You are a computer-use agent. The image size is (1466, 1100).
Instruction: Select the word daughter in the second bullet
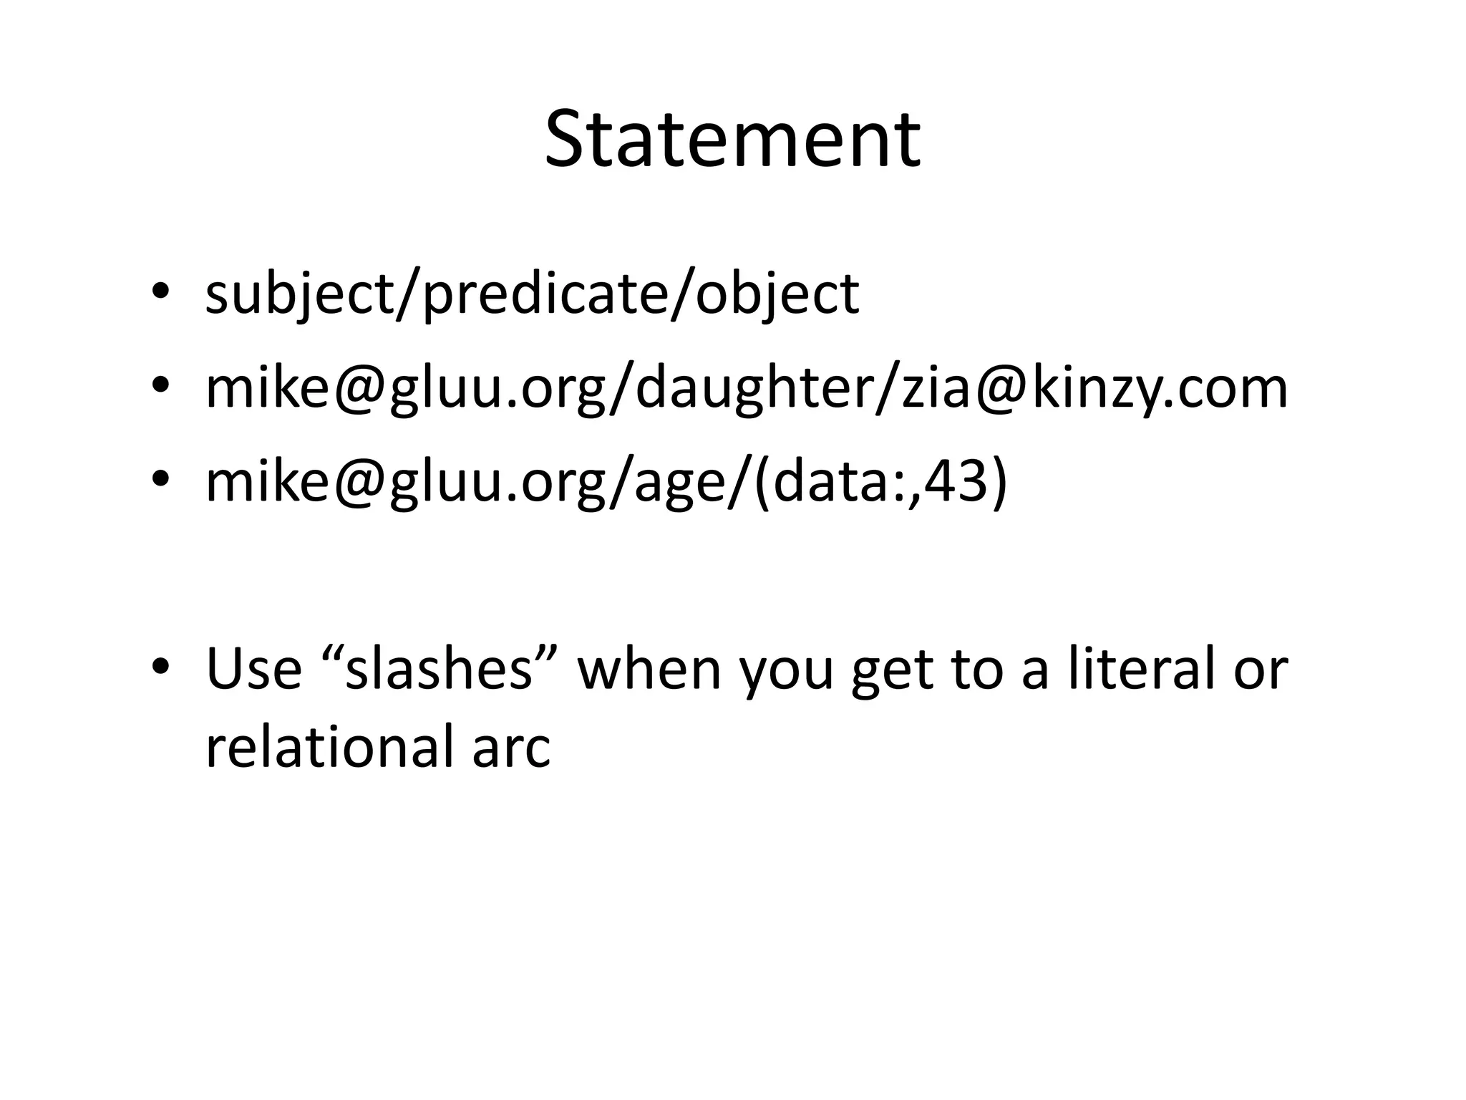point(751,390)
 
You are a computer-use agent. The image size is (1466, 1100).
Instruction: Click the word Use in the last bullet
point(253,669)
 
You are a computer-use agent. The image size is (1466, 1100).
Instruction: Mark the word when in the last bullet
point(649,669)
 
